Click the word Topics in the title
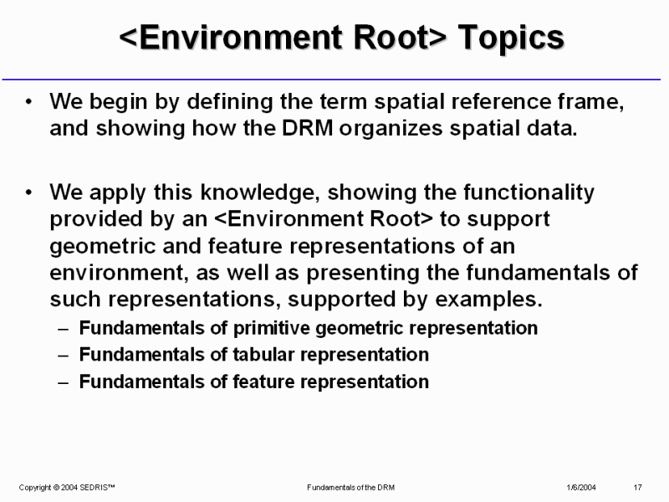coord(511,38)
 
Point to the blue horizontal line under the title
coord(331,79)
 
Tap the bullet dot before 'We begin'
coord(28,102)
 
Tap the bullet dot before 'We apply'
coord(28,192)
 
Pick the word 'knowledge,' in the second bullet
coord(260,192)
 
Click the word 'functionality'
coord(529,192)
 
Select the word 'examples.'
coord(488,300)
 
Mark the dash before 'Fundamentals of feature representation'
coord(64,382)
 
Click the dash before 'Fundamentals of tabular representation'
coord(64,355)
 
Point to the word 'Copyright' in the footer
coord(35,488)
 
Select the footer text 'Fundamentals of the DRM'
coord(350,488)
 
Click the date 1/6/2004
coord(581,488)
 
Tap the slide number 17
coord(637,488)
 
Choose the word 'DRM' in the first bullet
coord(307,128)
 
